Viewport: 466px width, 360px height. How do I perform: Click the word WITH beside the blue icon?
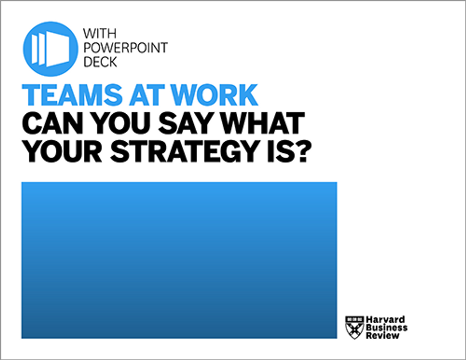tap(100, 34)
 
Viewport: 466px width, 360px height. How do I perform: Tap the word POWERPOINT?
tap(126, 48)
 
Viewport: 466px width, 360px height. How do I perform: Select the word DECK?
tap(100, 62)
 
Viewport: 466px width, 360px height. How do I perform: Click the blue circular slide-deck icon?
tap(51, 49)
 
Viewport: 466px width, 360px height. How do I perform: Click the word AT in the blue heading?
tap(147, 95)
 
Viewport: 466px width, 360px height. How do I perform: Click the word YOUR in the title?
tap(62, 151)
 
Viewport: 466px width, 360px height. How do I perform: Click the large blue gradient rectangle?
tap(179, 260)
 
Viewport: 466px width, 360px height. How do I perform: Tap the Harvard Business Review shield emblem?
tap(355, 328)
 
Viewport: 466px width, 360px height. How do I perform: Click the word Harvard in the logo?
tap(386, 320)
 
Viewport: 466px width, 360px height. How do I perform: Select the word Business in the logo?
tap(387, 328)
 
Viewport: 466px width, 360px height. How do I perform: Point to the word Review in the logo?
tap(383, 336)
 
